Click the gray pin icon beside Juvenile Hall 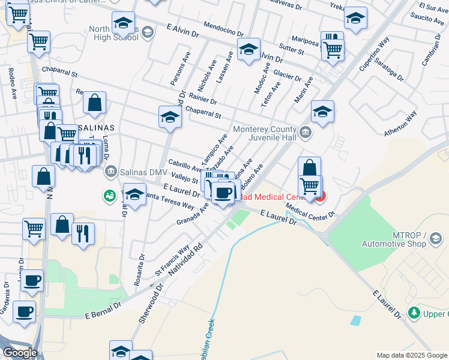tap(306, 131)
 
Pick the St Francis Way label tap(172, 257)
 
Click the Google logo tap(20, 353)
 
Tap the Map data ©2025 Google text tap(411, 355)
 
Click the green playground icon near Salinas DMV tap(110, 196)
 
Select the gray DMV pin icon tap(110, 173)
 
